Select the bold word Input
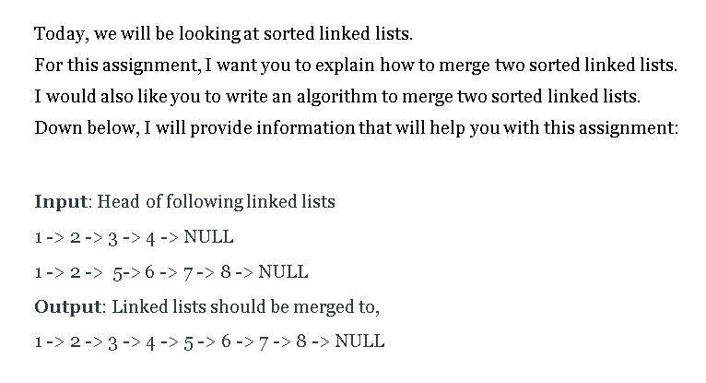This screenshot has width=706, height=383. point(61,201)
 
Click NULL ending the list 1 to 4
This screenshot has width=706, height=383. point(208,237)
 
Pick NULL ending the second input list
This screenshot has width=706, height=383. point(283,272)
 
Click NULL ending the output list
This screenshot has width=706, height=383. point(359,341)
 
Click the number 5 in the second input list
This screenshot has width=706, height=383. point(117,272)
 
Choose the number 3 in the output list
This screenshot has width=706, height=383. point(112,341)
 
